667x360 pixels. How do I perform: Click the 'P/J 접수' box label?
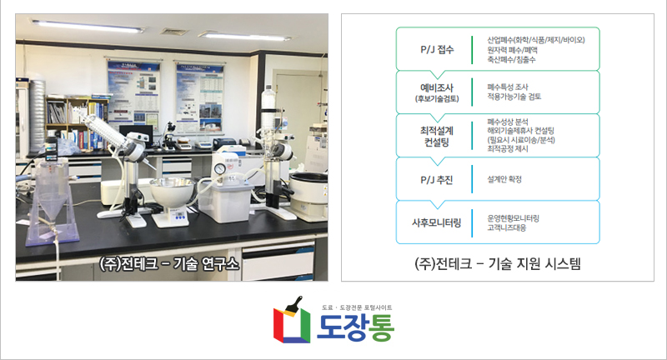click(437, 49)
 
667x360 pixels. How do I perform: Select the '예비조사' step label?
click(437, 87)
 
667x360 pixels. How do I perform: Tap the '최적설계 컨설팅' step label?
click(437, 136)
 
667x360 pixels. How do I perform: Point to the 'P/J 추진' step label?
click(436, 180)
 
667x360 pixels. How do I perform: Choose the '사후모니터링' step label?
click(436, 222)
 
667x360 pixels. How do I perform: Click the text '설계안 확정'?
click(504, 179)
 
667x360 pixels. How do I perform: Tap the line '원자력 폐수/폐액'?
click(512, 50)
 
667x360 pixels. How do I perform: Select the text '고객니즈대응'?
click(507, 227)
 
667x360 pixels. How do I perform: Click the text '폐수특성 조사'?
click(508, 87)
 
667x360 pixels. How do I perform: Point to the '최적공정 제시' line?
click(508, 149)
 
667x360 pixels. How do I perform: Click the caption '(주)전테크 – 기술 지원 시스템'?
click(497, 263)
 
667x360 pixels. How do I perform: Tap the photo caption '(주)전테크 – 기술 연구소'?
click(169, 264)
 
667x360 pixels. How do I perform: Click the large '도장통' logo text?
click(356, 327)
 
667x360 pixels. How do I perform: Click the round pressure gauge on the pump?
click(219, 168)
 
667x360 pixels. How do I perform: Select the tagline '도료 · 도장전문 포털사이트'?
click(357, 307)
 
